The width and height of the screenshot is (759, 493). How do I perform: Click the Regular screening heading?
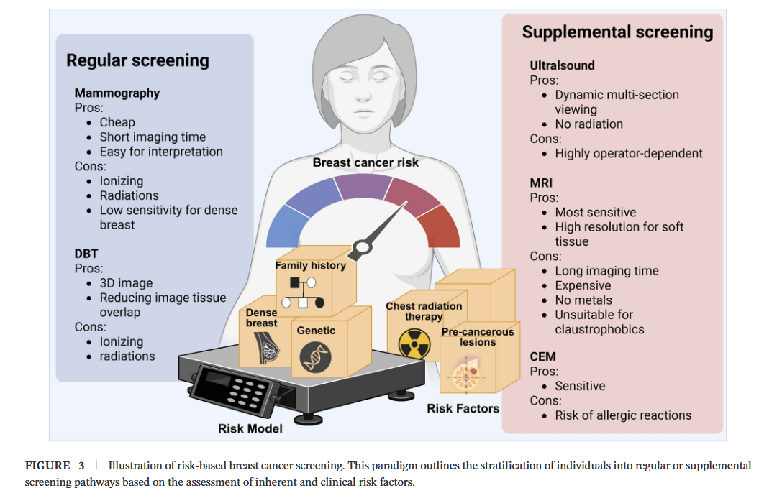click(137, 60)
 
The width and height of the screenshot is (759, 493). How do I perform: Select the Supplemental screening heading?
click(617, 32)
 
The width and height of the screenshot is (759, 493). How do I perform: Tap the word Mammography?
click(117, 93)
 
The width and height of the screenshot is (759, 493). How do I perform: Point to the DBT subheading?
click(86, 254)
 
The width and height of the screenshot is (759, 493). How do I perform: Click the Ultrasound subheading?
click(563, 65)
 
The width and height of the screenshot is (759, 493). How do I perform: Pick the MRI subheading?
click(541, 183)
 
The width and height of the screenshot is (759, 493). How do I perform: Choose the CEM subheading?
click(543, 356)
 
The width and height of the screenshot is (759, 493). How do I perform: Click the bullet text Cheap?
click(117, 122)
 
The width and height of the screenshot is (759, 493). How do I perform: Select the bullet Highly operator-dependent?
click(629, 153)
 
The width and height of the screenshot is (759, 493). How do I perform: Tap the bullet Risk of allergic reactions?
click(623, 415)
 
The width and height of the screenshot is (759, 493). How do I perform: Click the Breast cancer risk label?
click(365, 162)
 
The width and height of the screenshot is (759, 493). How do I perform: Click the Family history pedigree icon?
click(303, 292)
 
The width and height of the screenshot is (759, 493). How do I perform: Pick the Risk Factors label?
click(463, 408)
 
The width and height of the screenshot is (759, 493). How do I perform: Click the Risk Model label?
click(250, 429)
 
